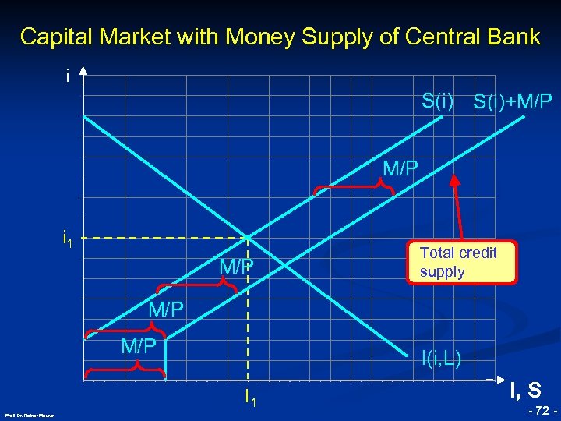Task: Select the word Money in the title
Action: coord(256,37)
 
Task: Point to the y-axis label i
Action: coord(68,76)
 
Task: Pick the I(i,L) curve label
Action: coord(441,359)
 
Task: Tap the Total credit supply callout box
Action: coord(461,262)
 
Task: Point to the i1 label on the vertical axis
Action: coord(69,237)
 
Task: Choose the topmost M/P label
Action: coord(400,168)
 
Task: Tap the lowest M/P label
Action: coord(139,345)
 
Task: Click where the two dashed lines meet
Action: coord(248,237)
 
